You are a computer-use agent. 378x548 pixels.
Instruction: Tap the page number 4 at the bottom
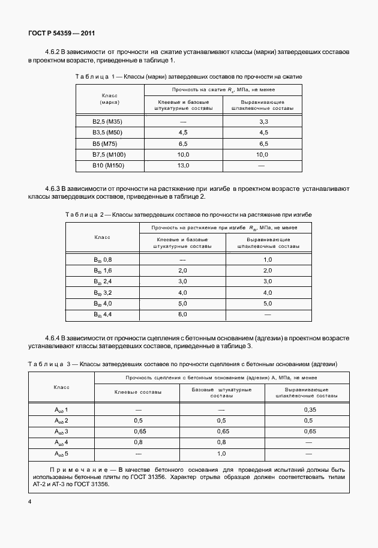pyautogui.click(x=29, y=500)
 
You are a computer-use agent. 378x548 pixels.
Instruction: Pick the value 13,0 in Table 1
pyautogui.click(x=183, y=165)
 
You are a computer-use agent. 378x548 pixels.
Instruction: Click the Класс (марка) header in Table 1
pyautogui.click(x=108, y=99)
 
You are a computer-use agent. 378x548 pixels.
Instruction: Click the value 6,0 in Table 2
pyautogui.click(x=183, y=314)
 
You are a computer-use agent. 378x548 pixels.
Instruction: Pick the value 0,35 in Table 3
pyautogui.click(x=310, y=409)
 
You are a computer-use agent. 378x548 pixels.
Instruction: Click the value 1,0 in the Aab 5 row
pyautogui.click(x=221, y=453)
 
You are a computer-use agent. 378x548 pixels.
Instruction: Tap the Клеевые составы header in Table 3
pyautogui.click(x=137, y=391)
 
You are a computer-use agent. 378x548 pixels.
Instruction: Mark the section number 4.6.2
pyautogui.click(x=55, y=52)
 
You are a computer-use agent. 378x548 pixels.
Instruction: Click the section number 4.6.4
pyautogui.click(x=55, y=339)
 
